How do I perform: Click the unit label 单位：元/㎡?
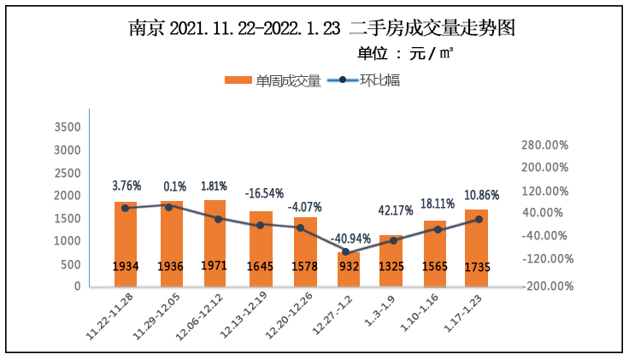click(405, 53)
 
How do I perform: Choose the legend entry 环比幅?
click(367, 81)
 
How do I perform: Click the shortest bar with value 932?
click(346, 269)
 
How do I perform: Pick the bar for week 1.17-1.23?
click(476, 248)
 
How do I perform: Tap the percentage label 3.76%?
click(126, 186)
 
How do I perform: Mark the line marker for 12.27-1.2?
click(346, 252)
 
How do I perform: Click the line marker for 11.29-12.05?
click(169, 207)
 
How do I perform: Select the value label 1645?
click(260, 267)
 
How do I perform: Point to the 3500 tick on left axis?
click(67, 127)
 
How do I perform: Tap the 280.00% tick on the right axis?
click(544, 145)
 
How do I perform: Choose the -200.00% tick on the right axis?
click(544, 286)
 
